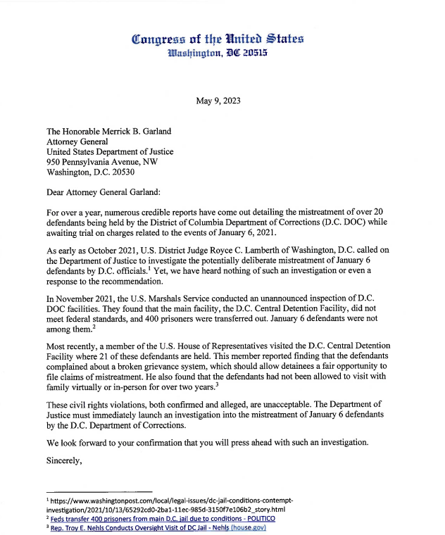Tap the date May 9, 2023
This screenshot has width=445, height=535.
coord(218,101)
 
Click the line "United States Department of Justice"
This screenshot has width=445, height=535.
coord(110,151)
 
